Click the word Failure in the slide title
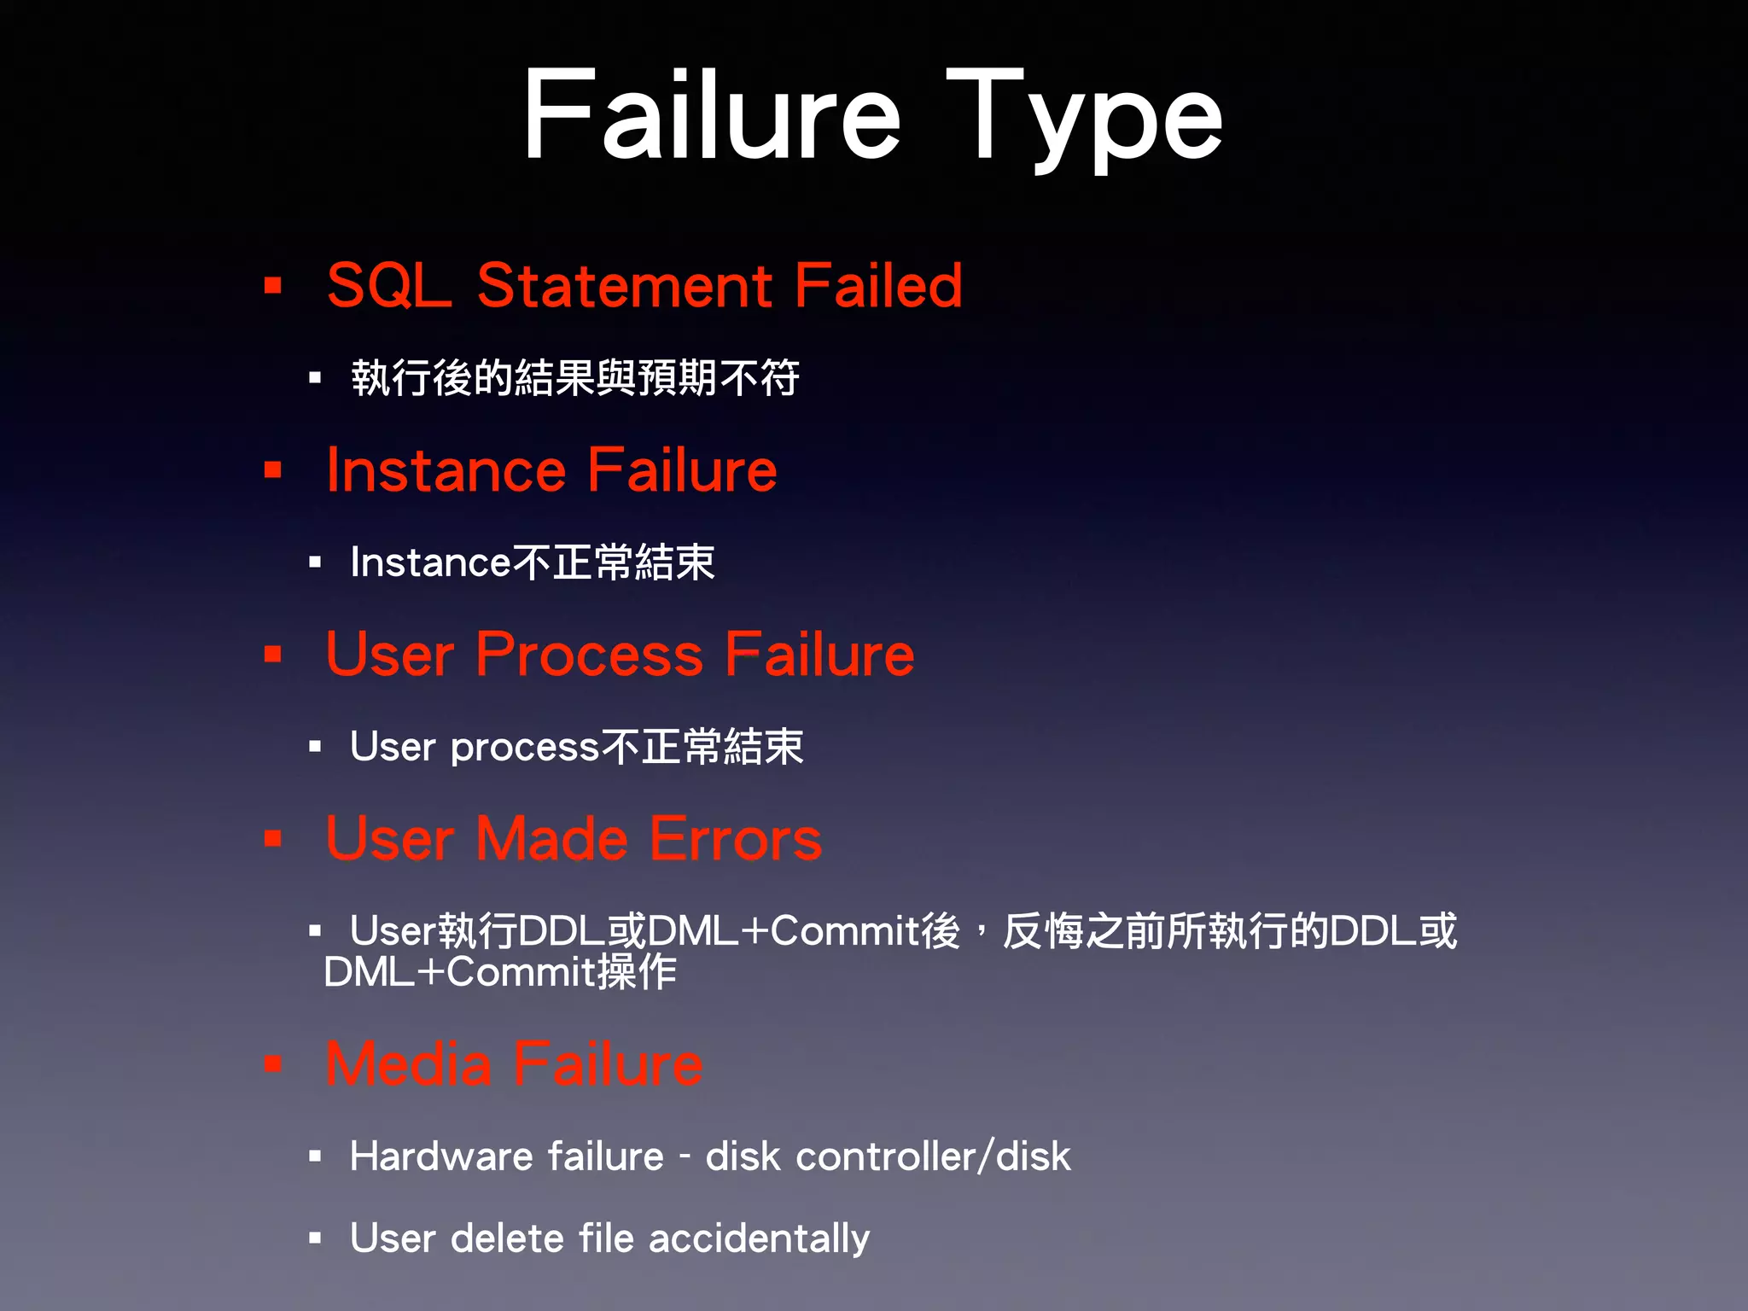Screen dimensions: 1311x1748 coord(712,115)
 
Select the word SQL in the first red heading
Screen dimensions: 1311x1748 coord(388,285)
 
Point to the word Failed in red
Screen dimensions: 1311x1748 coord(878,285)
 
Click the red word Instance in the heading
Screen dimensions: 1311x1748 coord(446,470)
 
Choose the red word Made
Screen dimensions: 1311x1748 coord(552,839)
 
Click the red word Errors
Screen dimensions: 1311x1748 coord(736,839)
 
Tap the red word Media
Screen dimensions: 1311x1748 coord(408,1064)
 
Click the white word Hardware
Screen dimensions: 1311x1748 coord(441,1157)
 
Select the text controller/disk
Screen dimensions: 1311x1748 coord(933,1157)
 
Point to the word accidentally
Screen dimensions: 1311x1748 coord(759,1238)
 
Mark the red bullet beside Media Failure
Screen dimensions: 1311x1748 coord(273,1064)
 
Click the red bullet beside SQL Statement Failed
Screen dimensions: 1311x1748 coord(273,285)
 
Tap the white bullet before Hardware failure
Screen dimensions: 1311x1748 coord(315,1157)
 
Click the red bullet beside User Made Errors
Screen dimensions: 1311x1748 coord(273,839)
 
